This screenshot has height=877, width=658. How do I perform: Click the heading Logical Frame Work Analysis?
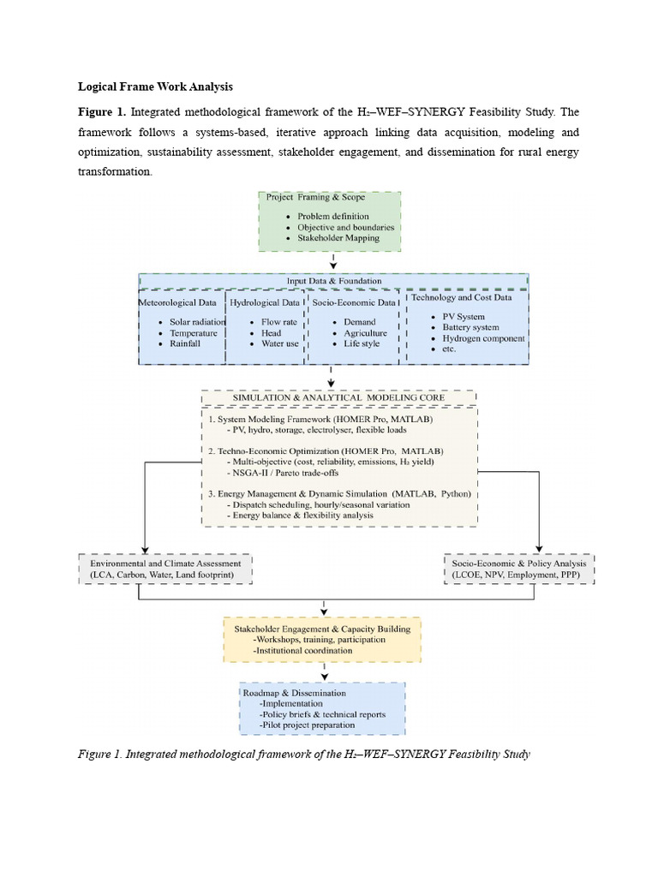click(x=155, y=87)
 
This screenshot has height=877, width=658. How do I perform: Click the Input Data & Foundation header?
click(x=333, y=281)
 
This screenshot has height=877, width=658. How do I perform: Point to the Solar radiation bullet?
click(x=196, y=322)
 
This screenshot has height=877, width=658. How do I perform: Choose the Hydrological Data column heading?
click(x=265, y=302)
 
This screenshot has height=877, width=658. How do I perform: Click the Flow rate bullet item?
click(x=278, y=322)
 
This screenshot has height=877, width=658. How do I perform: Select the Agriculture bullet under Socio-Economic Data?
click(x=365, y=333)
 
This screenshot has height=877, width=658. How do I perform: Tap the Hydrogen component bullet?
click(x=482, y=337)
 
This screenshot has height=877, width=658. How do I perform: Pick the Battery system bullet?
click(x=470, y=327)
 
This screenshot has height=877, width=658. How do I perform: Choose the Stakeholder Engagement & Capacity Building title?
click(x=322, y=629)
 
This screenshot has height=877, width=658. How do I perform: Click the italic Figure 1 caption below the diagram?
click(x=303, y=754)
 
